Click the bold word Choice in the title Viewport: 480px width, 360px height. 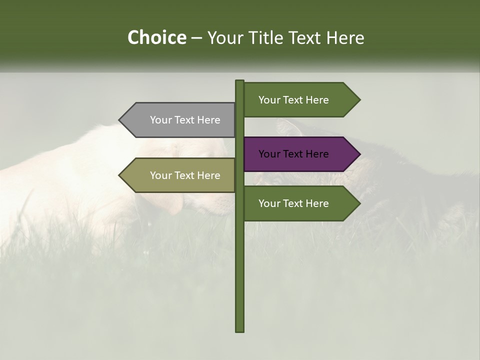(x=156, y=37)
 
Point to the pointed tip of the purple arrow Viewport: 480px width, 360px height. (x=359, y=154)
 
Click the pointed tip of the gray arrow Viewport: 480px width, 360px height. (x=119, y=120)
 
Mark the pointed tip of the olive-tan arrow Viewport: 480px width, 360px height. (x=119, y=175)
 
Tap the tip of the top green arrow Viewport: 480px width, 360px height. (x=359, y=100)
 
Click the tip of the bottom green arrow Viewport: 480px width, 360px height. (x=359, y=203)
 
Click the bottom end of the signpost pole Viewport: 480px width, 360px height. (x=240, y=330)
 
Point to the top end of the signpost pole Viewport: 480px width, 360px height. (x=240, y=81)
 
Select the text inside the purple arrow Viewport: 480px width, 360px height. (x=293, y=154)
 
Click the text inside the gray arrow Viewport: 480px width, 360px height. (x=185, y=120)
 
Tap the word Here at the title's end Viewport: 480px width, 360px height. (x=345, y=37)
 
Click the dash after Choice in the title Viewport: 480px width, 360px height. (x=196, y=38)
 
